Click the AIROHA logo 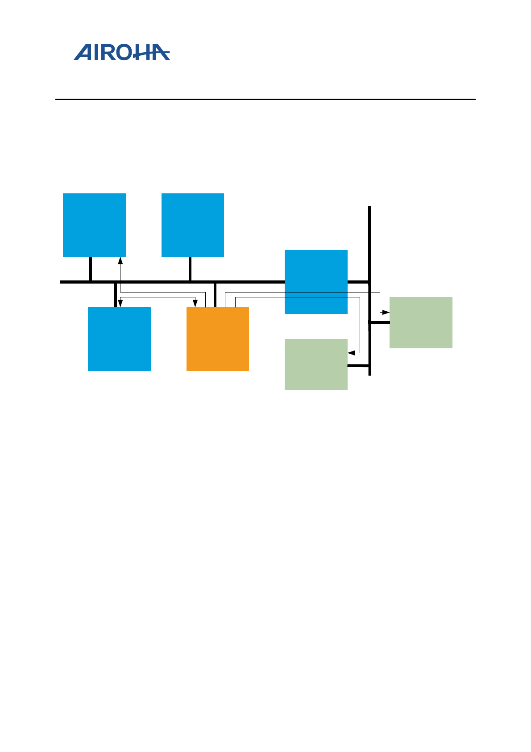[121, 52]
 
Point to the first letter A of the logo [83, 53]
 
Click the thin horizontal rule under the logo [265, 99]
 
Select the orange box [217, 339]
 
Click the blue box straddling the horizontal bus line [316, 282]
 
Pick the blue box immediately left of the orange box [119, 339]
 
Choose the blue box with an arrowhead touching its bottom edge [94, 225]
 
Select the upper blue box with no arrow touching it [192, 225]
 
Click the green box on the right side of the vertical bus [421, 322]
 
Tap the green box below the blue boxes [316, 364]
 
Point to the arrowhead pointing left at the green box [351, 353]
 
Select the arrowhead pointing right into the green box [386, 312]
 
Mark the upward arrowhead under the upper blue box [120, 260]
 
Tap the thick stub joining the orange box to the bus [215, 295]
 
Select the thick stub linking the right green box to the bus [380, 322]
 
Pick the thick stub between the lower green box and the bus [358, 366]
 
